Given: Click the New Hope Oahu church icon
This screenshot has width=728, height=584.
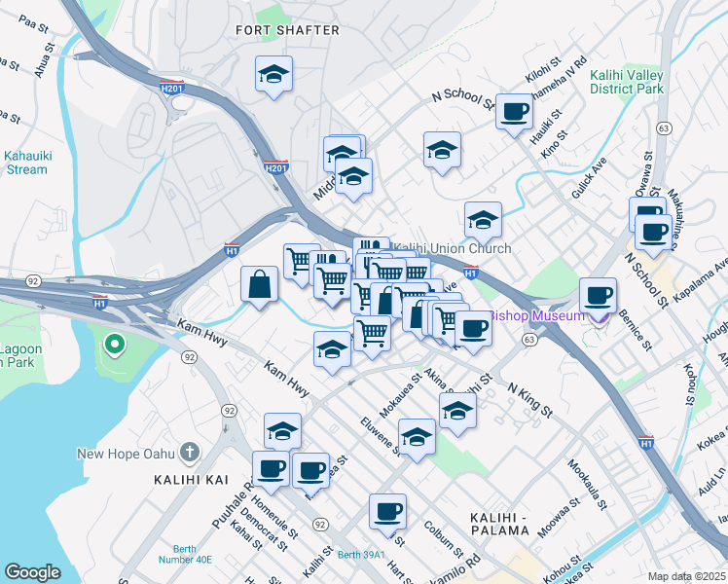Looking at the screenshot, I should (190, 454).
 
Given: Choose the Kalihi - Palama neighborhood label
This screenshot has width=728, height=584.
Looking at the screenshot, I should (498, 523).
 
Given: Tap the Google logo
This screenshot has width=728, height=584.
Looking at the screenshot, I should (32, 572).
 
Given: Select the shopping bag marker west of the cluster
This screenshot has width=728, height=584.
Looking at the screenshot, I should (260, 285).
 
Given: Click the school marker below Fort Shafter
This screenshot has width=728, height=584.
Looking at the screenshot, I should (274, 73).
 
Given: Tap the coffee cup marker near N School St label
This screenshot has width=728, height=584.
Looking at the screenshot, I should (514, 110).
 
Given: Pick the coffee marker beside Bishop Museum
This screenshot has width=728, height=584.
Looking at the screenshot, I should (598, 294).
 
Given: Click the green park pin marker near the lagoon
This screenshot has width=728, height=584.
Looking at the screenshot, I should (113, 345).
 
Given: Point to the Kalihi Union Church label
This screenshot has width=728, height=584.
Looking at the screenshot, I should (454, 248).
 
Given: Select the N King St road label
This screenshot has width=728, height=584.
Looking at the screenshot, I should (531, 399).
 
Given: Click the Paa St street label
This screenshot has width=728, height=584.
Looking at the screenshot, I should (33, 23).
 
